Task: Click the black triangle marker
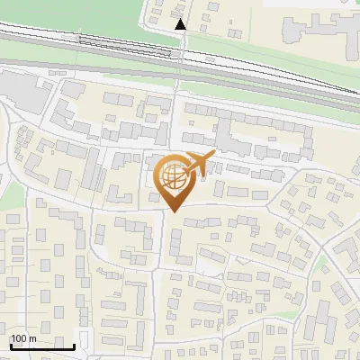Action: point(181,24)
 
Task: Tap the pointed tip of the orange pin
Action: point(173,211)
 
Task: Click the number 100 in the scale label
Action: point(20,338)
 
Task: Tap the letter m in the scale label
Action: point(33,338)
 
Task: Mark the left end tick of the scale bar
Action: point(11,346)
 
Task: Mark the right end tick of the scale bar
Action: point(74,346)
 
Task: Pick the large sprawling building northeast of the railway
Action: point(315,27)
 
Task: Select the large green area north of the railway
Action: point(72,13)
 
